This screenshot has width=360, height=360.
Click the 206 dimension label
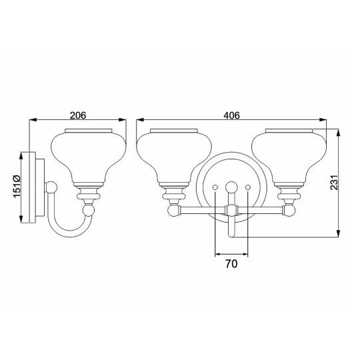78,115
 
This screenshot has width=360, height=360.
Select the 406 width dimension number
231,115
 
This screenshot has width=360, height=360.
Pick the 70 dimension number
231,264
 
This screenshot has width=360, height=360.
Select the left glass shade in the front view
173,153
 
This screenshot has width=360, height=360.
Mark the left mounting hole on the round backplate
215,189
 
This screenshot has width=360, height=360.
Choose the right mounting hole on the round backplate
247,189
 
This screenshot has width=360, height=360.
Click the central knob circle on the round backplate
231,186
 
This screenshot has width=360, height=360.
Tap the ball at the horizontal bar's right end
289,210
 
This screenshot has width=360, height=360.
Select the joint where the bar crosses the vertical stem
231,210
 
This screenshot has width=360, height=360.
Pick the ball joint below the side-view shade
88,211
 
